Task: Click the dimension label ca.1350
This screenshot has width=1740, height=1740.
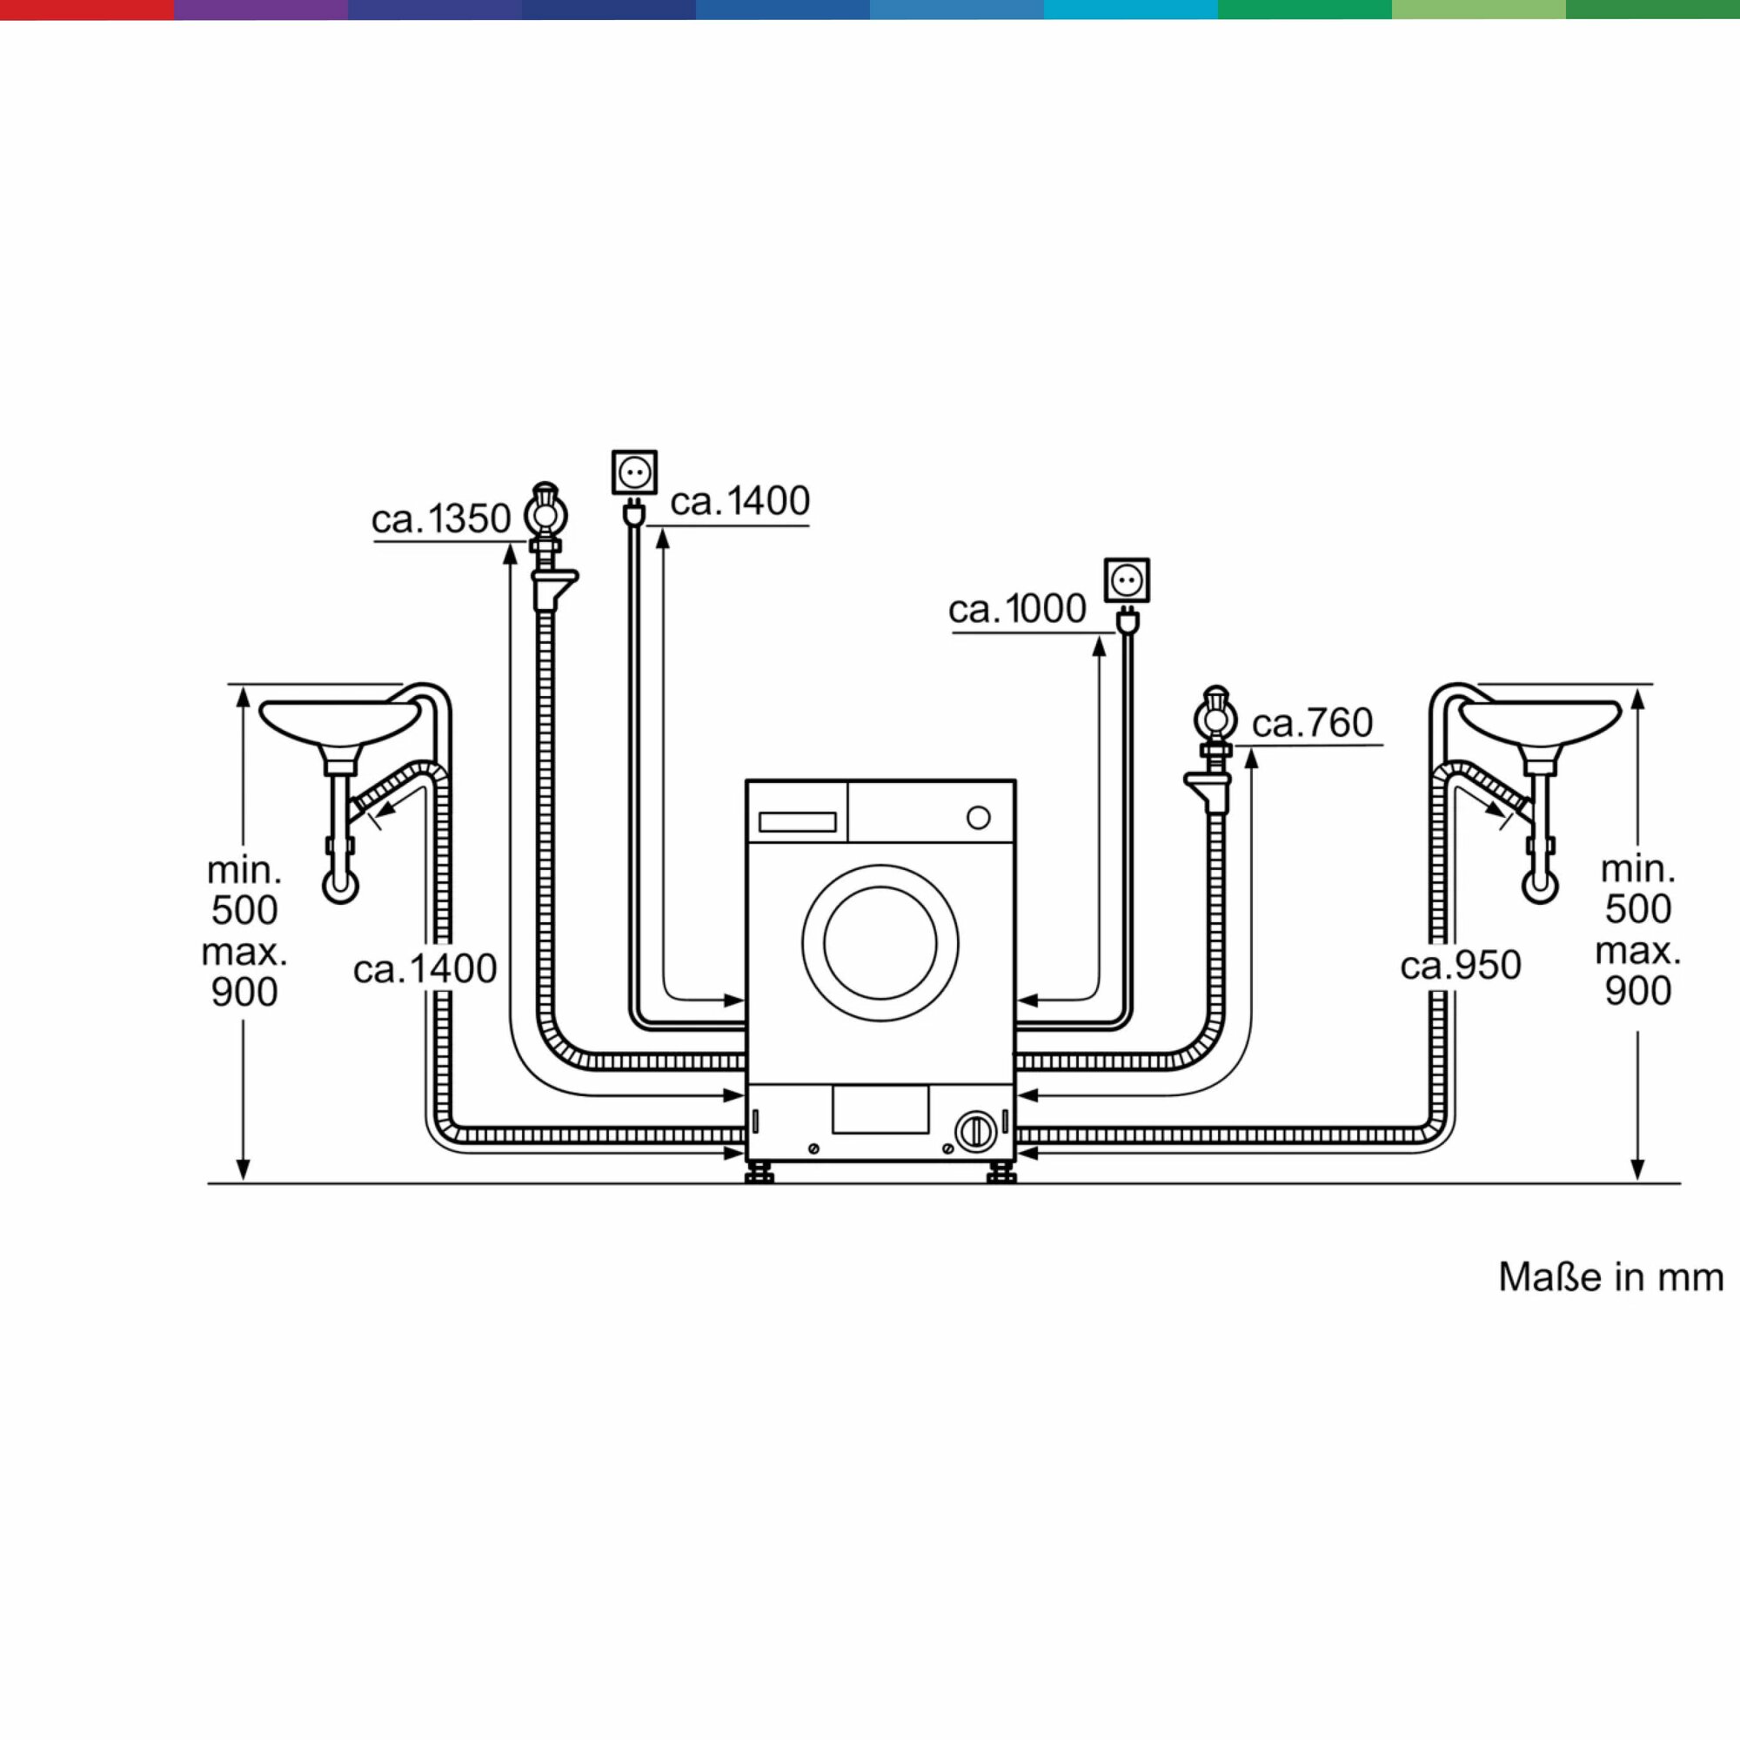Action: pos(441,519)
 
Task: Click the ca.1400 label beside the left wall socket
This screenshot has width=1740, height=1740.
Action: pos(740,501)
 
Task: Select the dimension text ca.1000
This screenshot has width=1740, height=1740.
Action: pos(1018,609)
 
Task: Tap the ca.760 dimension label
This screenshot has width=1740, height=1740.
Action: pos(1312,722)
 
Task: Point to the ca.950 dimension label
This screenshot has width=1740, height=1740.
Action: pos(1461,966)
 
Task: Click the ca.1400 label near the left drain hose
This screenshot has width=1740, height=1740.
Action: pos(425,969)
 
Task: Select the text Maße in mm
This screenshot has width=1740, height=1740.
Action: pos(1611,1277)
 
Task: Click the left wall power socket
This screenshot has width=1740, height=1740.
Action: pos(635,472)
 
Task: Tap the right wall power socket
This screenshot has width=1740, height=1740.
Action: pos(1127,580)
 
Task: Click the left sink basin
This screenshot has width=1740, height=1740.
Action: pos(339,721)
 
